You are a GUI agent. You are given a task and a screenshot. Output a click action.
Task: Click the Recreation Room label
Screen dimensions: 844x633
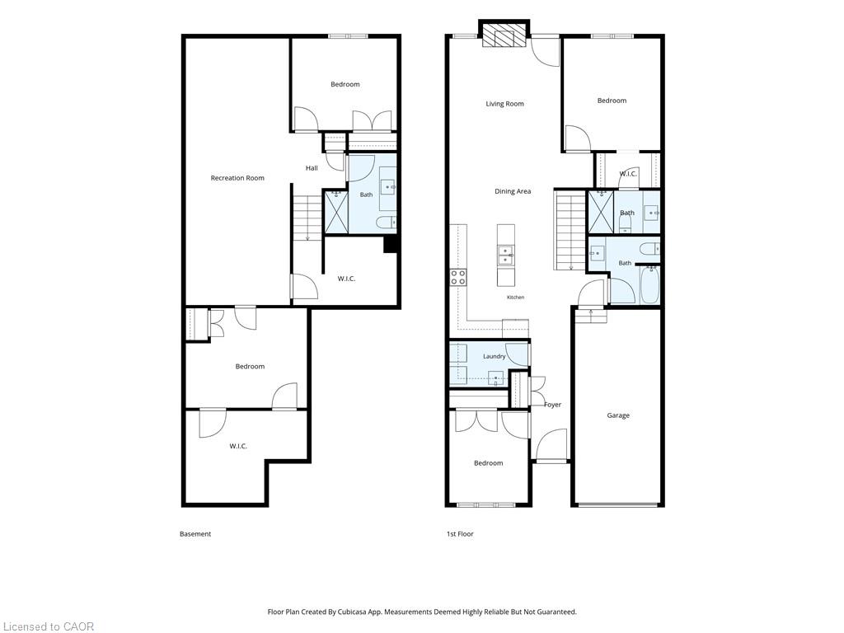(237, 178)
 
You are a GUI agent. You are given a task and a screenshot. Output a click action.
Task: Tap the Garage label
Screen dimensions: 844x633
(618, 415)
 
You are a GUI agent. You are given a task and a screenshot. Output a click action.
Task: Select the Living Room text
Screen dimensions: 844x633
(505, 104)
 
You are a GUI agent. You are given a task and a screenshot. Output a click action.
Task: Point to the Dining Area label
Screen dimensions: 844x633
(513, 191)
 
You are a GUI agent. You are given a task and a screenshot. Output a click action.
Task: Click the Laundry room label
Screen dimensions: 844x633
(495, 356)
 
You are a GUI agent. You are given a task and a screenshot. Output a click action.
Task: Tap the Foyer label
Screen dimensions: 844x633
(553, 405)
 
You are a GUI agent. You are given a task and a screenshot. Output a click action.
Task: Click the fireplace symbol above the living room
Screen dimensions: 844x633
(504, 35)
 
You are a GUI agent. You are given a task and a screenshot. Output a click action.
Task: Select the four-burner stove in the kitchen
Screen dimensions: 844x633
(458, 277)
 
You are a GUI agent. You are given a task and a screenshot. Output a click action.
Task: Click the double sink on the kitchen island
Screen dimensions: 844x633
(505, 256)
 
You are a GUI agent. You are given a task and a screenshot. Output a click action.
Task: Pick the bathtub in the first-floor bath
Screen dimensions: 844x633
(649, 285)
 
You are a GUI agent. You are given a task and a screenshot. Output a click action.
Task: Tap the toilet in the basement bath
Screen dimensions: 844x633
(386, 222)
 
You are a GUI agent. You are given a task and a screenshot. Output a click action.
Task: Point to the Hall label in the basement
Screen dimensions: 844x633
(312, 168)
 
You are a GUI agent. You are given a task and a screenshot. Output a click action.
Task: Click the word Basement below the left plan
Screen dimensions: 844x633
(195, 534)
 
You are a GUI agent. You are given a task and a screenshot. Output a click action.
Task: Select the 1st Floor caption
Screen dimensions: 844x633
(460, 534)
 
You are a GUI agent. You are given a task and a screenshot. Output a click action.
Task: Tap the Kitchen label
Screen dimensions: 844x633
(516, 297)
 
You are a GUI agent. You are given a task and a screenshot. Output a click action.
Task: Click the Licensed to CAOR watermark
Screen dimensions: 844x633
(47, 626)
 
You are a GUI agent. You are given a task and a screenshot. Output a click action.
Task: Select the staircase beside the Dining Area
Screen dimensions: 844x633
(570, 231)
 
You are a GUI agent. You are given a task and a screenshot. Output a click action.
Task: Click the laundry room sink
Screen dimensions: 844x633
(495, 378)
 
